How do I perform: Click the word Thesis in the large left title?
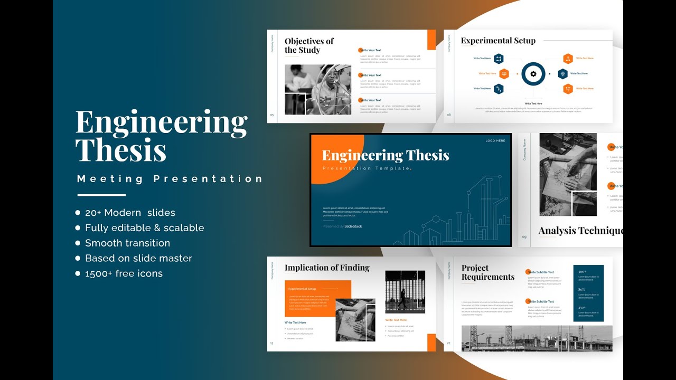[x=121, y=150]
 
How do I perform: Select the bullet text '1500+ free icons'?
[x=124, y=273]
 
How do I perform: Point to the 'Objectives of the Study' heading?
[x=309, y=45]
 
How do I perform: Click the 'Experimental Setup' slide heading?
[x=498, y=41]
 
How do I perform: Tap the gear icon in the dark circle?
[x=533, y=74]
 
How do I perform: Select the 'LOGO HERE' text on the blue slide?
[x=495, y=141]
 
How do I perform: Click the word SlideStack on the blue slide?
[x=353, y=226]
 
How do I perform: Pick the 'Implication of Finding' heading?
[x=327, y=268]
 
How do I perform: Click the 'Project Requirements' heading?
[x=487, y=272]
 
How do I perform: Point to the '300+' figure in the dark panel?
[x=582, y=272]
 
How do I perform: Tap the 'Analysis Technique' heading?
[x=580, y=231]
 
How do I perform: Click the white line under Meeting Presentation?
[x=101, y=195]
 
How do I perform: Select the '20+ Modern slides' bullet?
[x=130, y=213]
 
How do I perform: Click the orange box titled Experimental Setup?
[x=311, y=298]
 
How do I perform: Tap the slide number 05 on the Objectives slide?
[x=272, y=115]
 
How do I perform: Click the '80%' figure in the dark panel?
[x=581, y=290]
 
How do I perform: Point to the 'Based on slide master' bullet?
[x=138, y=259]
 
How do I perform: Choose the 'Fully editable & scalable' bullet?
[x=144, y=228]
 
